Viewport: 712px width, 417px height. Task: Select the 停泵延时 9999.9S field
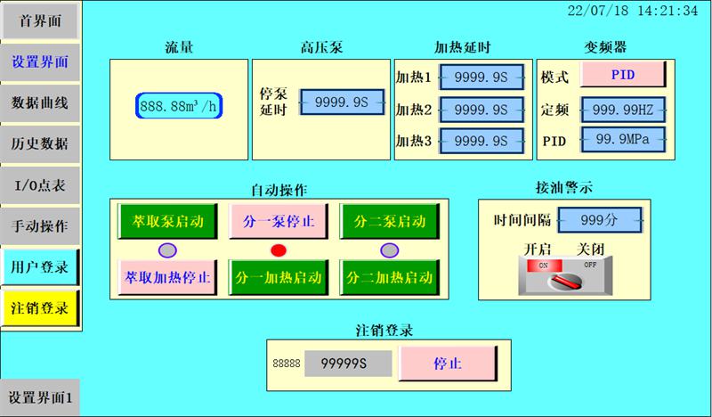343,103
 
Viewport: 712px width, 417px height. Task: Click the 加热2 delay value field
481,110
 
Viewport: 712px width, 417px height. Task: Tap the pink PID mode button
623,75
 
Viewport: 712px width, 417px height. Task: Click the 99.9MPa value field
623,140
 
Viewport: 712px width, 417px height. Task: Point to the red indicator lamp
279,249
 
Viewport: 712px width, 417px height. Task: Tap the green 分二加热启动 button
389,278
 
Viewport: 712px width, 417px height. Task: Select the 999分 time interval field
599,218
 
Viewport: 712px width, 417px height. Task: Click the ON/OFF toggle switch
566,278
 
